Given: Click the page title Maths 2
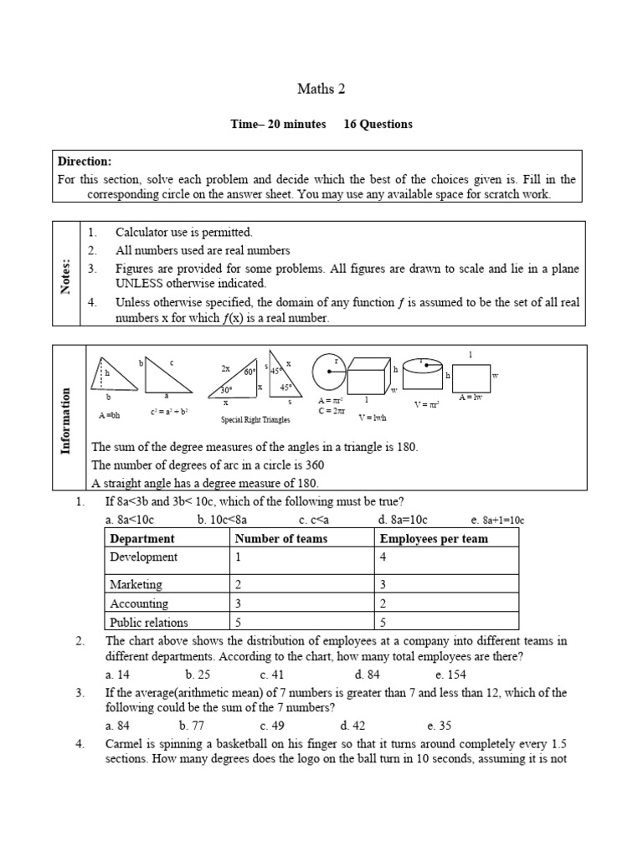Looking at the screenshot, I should (x=321, y=88).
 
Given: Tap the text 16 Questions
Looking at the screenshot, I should (x=378, y=124).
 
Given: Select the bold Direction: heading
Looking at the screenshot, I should (x=84, y=162).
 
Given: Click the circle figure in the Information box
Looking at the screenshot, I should (x=328, y=371).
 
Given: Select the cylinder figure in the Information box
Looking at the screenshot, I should (x=424, y=371).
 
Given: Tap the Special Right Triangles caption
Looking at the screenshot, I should (x=255, y=418).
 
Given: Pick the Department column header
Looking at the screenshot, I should (x=142, y=539).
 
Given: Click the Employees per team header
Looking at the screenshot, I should (x=433, y=539).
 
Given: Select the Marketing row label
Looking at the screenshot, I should (x=136, y=584).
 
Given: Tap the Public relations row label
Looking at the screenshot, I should (x=149, y=622).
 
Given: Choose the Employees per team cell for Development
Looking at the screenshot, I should (x=383, y=557).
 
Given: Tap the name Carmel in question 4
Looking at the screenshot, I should (x=123, y=744).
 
